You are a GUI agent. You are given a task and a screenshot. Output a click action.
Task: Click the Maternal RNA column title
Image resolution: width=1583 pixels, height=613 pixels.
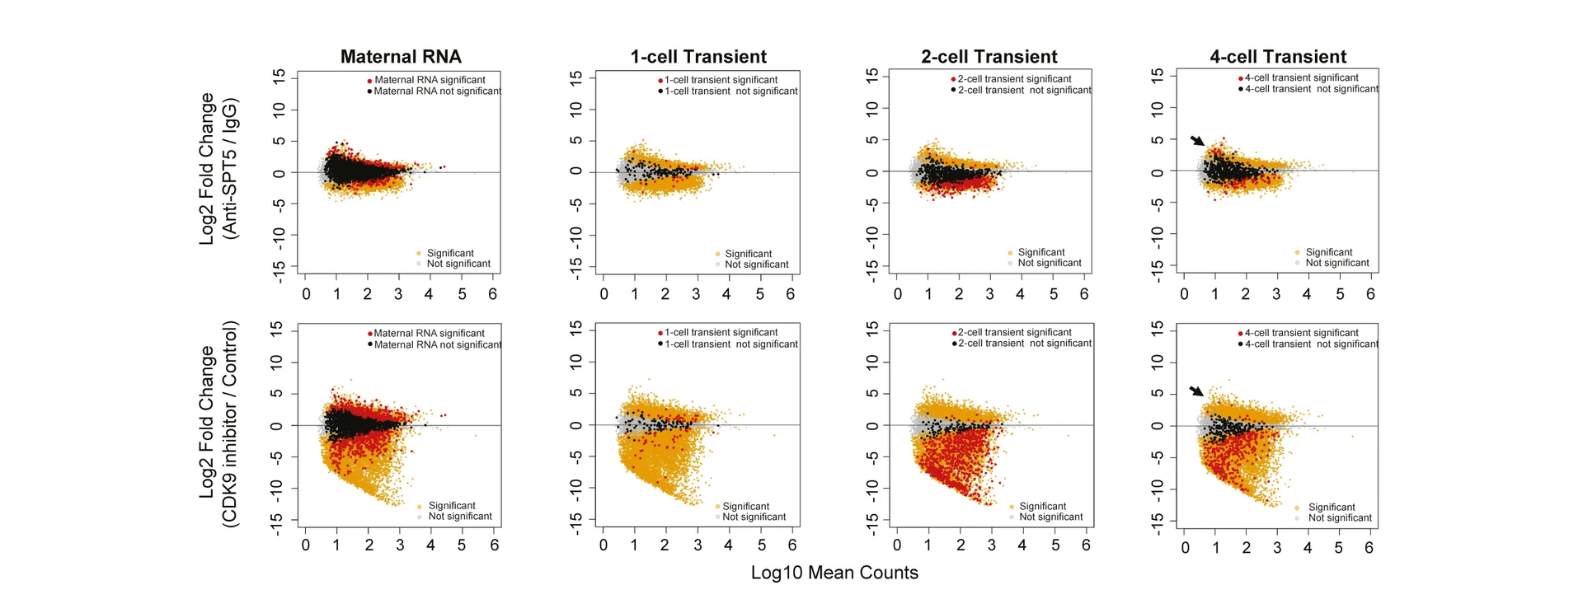tap(401, 57)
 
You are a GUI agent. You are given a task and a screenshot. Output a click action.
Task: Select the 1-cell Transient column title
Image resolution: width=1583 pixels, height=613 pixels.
tap(698, 57)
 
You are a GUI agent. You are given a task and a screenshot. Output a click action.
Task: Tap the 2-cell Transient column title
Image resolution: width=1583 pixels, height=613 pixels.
tap(989, 57)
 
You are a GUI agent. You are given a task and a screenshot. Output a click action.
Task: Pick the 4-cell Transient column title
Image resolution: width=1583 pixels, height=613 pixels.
tap(1277, 57)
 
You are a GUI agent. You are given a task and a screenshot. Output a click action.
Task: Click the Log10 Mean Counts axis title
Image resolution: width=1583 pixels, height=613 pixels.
tap(834, 573)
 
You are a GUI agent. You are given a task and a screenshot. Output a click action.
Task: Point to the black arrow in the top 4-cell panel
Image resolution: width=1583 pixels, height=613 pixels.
tap(1197, 141)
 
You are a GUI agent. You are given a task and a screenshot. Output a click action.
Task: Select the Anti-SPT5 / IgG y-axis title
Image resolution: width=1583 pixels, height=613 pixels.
tap(219, 169)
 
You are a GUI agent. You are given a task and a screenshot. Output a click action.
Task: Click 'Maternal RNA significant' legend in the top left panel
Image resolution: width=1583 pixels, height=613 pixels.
tap(430, 80)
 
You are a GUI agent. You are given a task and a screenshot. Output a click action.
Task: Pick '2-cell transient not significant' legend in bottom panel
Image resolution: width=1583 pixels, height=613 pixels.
tap(1024, 344)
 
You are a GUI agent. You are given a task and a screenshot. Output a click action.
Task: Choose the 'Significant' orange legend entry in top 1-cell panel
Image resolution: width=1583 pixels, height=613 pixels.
tap(748, 254)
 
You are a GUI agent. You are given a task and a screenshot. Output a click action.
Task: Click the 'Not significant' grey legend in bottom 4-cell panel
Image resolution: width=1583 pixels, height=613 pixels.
tap(1340, 518)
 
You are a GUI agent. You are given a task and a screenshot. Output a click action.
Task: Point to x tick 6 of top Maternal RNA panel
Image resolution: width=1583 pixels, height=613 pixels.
tap(493, 294)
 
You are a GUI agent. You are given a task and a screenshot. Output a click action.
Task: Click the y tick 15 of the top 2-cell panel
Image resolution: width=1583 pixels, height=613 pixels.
tap(872, 76)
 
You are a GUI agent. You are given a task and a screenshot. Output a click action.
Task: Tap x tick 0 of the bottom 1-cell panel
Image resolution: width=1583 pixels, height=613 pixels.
tap(604, 545)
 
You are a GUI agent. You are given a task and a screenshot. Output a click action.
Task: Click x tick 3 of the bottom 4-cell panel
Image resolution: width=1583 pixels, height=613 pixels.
tap(1277, 548)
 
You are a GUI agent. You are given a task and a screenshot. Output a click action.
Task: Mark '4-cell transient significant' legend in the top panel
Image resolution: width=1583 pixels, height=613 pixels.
tap(1301, 78)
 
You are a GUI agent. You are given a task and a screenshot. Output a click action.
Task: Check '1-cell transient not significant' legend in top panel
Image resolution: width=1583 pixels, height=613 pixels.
tap(730, 91)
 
